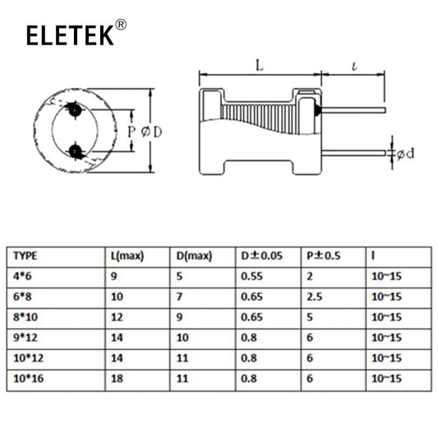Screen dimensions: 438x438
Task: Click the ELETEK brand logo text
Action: click(x=70, y=35)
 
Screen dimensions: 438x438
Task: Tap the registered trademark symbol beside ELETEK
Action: click(x=121, y=25)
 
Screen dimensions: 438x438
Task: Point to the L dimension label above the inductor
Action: click(x=260, y=66)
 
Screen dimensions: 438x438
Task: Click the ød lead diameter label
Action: click(x=405, y=154)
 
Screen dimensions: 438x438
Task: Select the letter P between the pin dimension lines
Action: click(x=131, y=131)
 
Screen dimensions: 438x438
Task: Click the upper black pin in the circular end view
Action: click(x=75, y=110)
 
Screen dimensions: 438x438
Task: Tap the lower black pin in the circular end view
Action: click(x=75, y=152)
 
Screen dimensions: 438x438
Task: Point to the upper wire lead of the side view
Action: click(x=353, y=110)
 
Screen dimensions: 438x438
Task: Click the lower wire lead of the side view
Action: click(x=354, y=153)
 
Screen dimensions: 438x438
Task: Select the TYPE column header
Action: click(x=25, y=256)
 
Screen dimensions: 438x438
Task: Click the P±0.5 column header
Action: click(x=324, y=256)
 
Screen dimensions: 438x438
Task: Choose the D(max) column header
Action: click(x=194, y=256)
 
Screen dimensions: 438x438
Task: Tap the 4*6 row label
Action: click(x=22, y=276)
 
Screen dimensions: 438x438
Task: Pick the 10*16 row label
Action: click(x=29, y=379)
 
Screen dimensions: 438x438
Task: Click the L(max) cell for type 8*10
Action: click(x=117, y=317)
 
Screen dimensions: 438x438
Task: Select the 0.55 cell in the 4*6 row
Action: click(x=251, y=276)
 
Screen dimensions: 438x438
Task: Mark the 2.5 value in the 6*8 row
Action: click(x=314, y=297)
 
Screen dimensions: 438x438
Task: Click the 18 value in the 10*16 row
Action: click(x=117, y=379)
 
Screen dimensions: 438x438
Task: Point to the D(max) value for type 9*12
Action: click(x=182, y=338)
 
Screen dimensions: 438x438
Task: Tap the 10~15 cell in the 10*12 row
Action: click(x=386, y=358)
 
